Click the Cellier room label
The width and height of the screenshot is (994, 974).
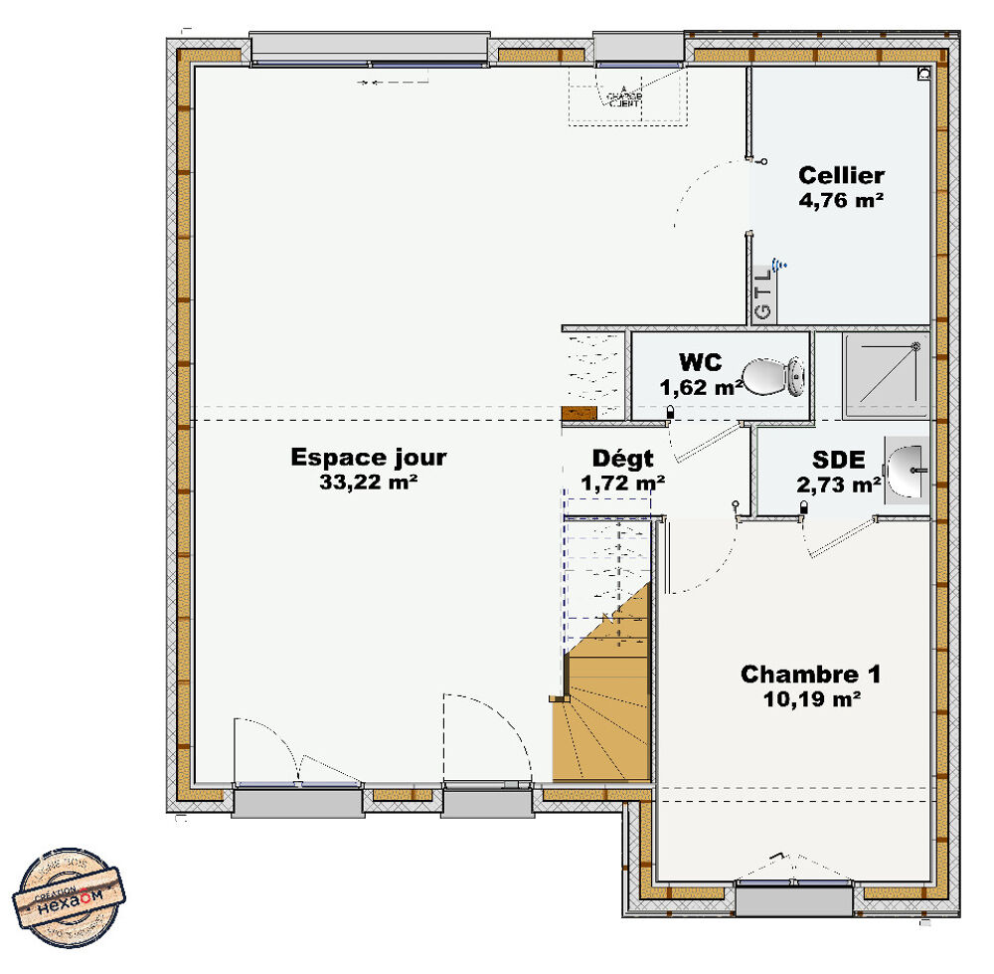tap(841, 176)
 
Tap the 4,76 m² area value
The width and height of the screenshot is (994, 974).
tap(841, 199)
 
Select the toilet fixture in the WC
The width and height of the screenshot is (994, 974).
tap(773, 377)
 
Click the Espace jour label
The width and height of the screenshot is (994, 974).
tap(368, 458)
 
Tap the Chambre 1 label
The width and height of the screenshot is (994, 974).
tap(810, 675)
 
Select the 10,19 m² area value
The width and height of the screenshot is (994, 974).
tap(810, 699)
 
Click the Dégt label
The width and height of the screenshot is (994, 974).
tap(623, 459)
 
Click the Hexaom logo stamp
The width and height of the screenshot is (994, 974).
tap(71, 896)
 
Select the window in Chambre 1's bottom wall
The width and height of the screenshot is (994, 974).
tap(793, 898)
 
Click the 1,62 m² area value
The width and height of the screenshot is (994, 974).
tap(700, 387)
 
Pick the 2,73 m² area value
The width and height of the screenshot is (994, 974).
tap(839, 485)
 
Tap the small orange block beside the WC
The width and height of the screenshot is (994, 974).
tap(578, 414)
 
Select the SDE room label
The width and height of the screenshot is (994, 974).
tap(838, 460)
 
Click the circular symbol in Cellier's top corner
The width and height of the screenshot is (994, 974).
tap(924, 73)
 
